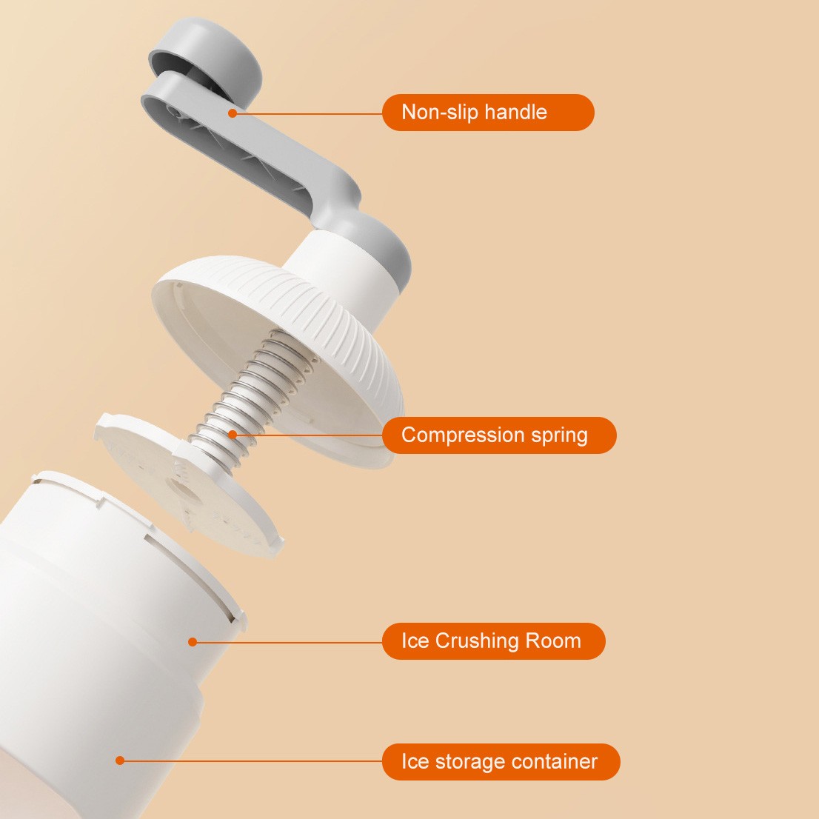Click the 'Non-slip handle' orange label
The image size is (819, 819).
coord(488,113)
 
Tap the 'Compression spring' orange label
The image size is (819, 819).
coord(499,435)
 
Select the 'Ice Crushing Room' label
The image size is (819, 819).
coord(494,641)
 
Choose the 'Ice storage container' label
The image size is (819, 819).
coord(501,761)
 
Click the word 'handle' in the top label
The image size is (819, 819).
coord(515,112)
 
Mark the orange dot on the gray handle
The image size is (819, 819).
coord(233,113)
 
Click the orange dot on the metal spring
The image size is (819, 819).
coord(233,434)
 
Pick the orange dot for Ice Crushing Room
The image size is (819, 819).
coord(193,641)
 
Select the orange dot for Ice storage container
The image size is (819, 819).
coord(120,760)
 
